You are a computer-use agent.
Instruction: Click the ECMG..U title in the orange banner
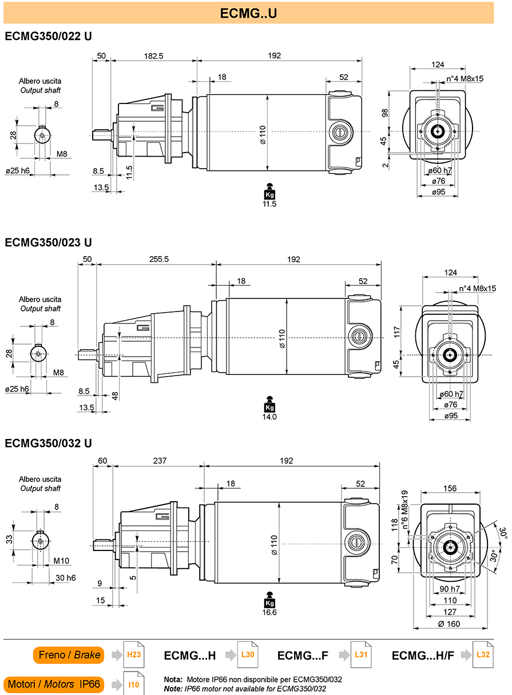click(x=248, y=13)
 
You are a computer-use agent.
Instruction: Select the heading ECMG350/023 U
click(x=49, y=242)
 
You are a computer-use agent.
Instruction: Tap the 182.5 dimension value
click(x=154, y=56)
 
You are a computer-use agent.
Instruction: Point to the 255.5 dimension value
click(x=159, y=259)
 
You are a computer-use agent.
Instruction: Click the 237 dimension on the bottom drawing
click(x=160, y=461)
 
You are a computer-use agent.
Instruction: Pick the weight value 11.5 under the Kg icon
click(x=269, y=204)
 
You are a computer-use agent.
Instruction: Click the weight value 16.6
click(x=269, y=613)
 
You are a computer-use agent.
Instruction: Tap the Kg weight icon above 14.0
click(x=269, y=404)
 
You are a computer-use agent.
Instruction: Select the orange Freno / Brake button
click(x=69, y=655)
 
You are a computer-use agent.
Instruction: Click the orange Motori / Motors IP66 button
click(x=54, y=684)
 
